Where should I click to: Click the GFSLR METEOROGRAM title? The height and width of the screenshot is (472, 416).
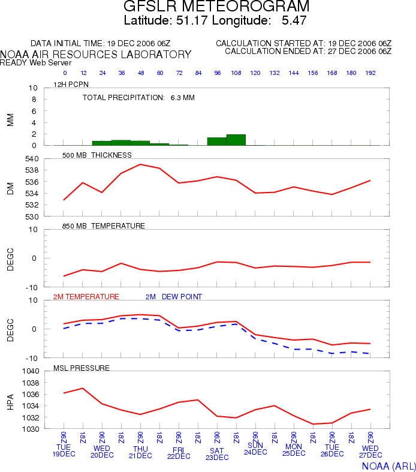coord(216,6)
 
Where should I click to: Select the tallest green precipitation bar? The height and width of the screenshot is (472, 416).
coord(236,140)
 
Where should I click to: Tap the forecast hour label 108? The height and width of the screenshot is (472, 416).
coord(236,73)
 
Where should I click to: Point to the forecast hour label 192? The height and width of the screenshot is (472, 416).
coord(370,73)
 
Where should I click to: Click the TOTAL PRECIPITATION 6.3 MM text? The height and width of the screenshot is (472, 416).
coord(138,98)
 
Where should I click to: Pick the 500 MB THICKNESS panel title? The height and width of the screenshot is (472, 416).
coord(97,155)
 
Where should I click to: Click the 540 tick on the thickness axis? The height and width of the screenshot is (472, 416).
coord(32,159)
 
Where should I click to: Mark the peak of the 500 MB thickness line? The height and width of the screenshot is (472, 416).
coord(140,164)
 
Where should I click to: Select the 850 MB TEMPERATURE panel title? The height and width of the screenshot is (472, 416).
coord(104,226)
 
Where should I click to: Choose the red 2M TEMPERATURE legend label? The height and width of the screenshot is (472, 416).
coord(86,297)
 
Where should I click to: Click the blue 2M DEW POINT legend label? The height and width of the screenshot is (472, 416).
coord(174,297)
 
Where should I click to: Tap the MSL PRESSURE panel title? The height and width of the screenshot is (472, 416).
coord(82,368)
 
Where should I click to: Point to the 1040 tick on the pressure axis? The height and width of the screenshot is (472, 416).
coord(31,371)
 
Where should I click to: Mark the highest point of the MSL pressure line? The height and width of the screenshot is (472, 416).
coord(83,388)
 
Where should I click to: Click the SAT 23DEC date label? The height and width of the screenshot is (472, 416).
coord(217,454)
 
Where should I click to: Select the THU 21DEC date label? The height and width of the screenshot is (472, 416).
coord(140,452)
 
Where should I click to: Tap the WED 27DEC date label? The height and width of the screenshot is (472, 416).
coord(370,452)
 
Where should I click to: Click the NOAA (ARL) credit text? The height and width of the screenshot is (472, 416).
coord(389,466)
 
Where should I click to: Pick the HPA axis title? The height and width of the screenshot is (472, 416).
coord(11,402)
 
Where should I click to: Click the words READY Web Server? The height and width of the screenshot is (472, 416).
coord(36,62)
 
